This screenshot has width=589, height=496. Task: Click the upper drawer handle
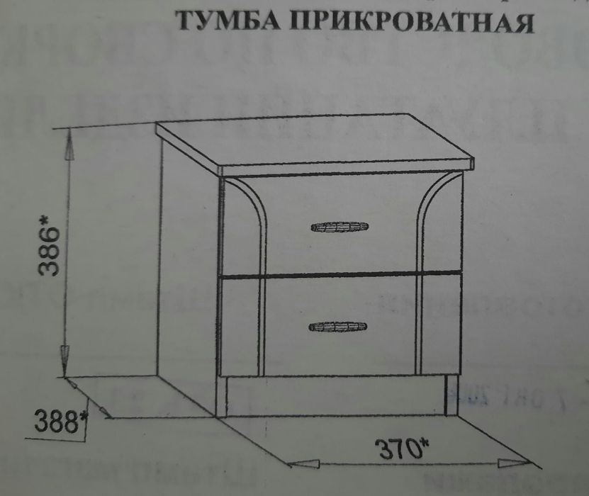tap(340, 227)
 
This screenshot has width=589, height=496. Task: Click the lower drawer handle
tap(338, 326)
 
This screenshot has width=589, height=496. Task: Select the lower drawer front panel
tap(340, 347)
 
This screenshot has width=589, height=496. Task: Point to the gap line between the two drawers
tap(340, 274)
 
